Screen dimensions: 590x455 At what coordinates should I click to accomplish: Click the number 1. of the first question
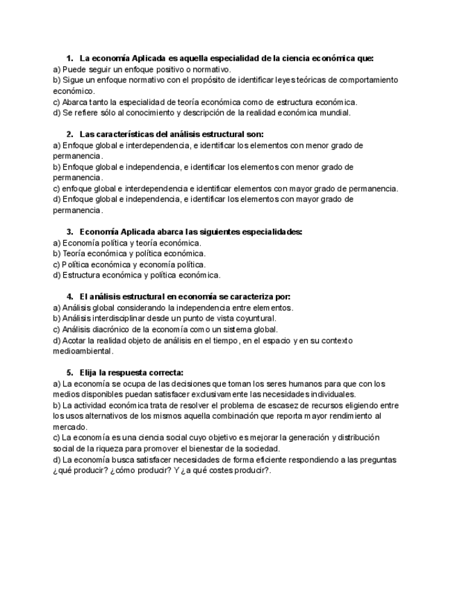pos(70,58)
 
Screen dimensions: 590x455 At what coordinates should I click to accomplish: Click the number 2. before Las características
pos(70,134)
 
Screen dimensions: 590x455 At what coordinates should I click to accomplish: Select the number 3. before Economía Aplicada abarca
pos(70,232)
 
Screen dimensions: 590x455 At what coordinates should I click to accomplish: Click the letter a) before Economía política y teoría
pos(57,243)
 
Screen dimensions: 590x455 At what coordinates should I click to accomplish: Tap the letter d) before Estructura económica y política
pos(57,275)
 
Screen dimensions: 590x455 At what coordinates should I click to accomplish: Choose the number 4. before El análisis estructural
pos(70,296)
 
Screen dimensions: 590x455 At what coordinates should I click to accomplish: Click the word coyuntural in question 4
pos(256,318)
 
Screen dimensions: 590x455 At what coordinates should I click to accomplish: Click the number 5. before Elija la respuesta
pos(70,372)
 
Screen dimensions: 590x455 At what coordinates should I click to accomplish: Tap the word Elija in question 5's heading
pos(91,372)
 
